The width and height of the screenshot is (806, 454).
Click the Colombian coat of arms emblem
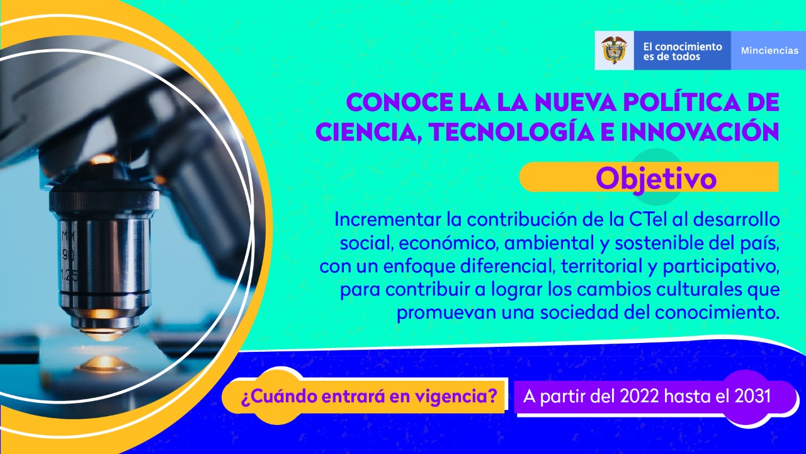(x=614, y=50)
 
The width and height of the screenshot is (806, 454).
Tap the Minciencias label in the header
(x=769, y=50)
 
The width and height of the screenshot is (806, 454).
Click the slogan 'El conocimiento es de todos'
(x=683, y=52)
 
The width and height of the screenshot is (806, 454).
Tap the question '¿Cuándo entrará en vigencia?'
(x=369, y=397)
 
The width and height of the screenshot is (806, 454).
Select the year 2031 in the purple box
(x=752, y=397)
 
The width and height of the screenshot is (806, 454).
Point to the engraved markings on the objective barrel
(x=69, y=256)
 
